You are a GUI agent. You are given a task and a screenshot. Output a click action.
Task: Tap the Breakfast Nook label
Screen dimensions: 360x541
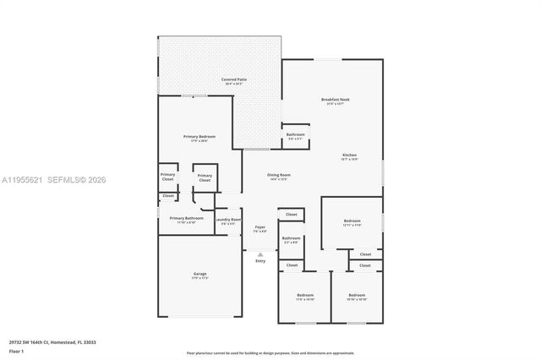335,100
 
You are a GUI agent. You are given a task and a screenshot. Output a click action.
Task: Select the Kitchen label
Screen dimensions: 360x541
349,155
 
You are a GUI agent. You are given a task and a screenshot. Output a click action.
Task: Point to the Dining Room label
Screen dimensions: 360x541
279,175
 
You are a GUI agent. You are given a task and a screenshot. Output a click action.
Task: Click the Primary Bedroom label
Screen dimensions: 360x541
199,137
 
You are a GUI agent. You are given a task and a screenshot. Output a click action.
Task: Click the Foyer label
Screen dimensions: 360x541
260,227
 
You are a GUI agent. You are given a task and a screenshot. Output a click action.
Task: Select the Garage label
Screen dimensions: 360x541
199,275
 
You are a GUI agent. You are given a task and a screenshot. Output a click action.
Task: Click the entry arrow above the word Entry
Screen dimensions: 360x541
260,254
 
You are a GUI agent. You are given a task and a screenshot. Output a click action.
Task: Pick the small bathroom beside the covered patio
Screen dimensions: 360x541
295,135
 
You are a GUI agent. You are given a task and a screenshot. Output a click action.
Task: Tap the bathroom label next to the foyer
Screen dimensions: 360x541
291,239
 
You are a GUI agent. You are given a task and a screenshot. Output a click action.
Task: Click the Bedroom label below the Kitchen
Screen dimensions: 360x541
352,223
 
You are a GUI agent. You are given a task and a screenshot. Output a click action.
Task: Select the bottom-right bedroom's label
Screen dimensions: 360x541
356,297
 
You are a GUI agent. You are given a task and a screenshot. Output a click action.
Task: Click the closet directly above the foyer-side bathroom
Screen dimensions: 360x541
291,215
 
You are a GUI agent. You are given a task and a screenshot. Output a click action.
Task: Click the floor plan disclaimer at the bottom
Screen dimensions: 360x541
270,352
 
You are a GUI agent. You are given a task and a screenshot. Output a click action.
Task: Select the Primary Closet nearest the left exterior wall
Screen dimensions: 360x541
167,177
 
